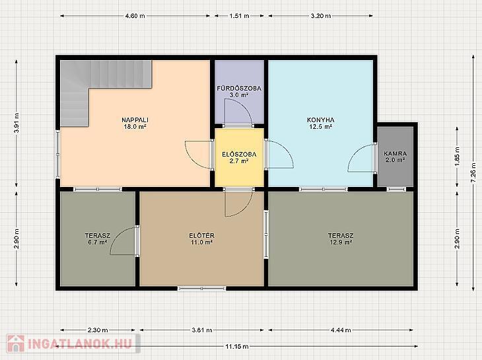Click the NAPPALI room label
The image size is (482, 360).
pos(135,120)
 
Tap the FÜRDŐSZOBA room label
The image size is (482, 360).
pos(239,89)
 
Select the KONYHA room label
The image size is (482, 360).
pos(321,120)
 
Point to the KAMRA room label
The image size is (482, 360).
pos(395,153)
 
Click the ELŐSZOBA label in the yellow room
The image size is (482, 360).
pos(239,154)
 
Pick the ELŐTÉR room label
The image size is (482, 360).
pos(201,236)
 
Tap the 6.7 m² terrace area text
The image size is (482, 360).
pos(98,242)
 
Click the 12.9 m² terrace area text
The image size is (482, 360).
pos(341,242)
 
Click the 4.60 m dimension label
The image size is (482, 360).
pos(135,16)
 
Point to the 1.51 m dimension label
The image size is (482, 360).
pos(239,16)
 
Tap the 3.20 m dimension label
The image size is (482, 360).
pos(321,16)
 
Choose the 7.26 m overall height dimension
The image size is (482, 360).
pos(476,172)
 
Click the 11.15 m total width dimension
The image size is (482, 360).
pos(237,347)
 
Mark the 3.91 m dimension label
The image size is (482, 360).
pos(17,123)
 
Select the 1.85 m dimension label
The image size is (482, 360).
pos(457,157)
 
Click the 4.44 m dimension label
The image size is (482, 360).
pos(341,330)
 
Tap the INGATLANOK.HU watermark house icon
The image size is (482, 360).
pos(16,343)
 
